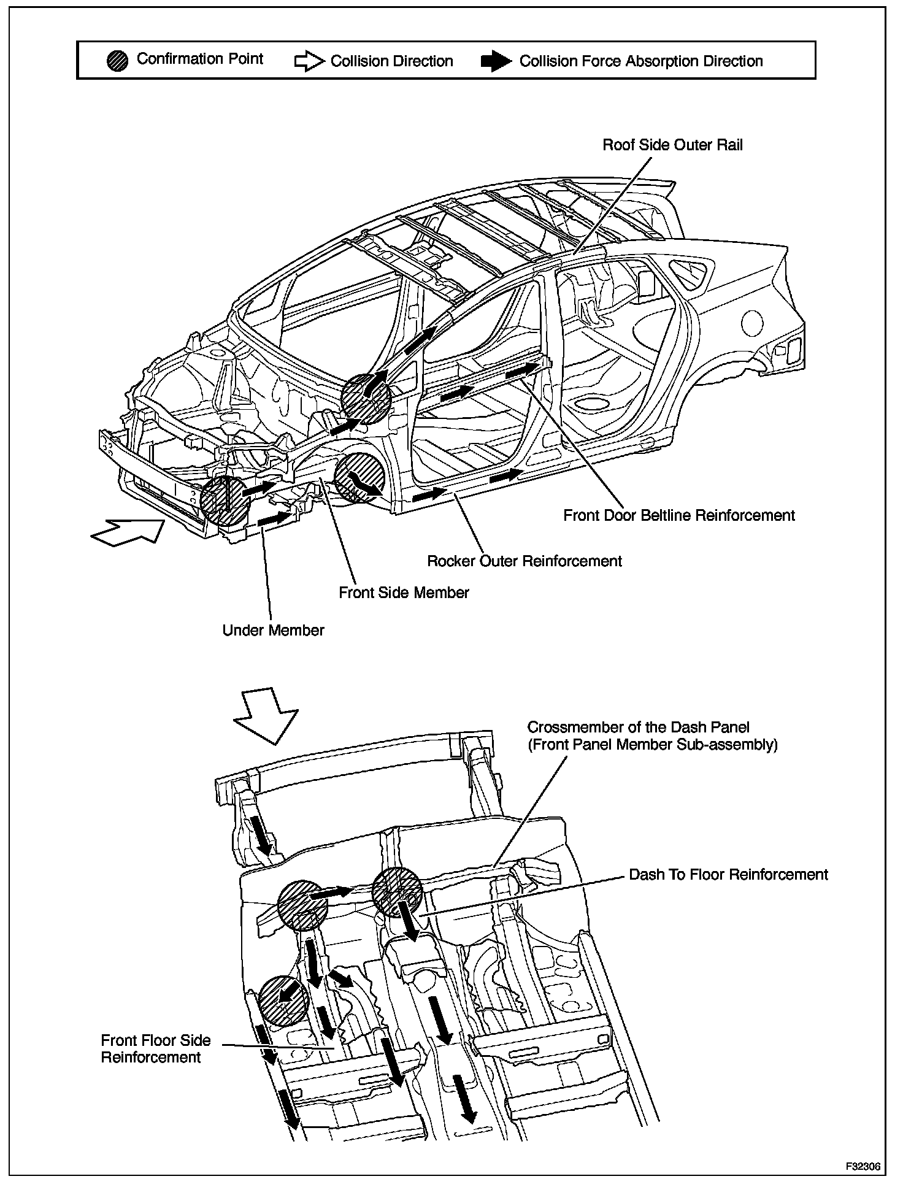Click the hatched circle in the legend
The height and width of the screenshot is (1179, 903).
(117, 61)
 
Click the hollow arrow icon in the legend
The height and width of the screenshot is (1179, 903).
(309, 61)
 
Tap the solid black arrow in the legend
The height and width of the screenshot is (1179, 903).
(496, 61)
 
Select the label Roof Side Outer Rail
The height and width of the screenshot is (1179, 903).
(672, 145)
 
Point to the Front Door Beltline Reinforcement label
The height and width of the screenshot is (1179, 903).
(678, 515)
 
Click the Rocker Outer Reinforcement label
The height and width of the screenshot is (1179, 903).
(524, 561)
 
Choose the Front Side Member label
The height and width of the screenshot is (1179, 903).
(404, 593)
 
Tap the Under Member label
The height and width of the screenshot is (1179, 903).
(273, 630)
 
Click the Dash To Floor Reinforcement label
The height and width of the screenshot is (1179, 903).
(728, 874)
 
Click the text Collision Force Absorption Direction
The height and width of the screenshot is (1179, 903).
(641, 61)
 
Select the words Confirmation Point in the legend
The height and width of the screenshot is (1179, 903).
(199, 59)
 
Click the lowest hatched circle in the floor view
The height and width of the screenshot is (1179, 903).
(282, 1000)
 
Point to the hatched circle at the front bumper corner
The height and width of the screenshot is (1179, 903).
(225, 500)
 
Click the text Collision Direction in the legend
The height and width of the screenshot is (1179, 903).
(391, 61)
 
